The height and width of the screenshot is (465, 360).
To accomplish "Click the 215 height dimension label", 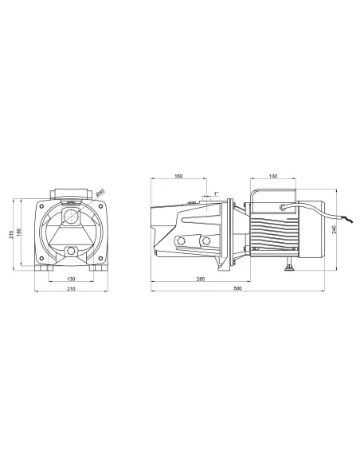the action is [x=11, y=235].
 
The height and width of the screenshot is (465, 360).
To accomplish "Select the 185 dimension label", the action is [x=18, y=232].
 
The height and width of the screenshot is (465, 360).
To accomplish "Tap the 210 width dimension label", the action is [x=71, y=288].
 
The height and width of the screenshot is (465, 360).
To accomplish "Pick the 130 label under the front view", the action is [x=71, y=279].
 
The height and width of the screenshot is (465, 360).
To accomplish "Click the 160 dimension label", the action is [x=178, y=176].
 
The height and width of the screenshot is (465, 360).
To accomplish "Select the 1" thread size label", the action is [x=216, y=193].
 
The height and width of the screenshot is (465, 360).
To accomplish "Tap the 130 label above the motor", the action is [x=273, y=176].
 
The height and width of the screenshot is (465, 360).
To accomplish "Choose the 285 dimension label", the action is [x=201, y=279].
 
